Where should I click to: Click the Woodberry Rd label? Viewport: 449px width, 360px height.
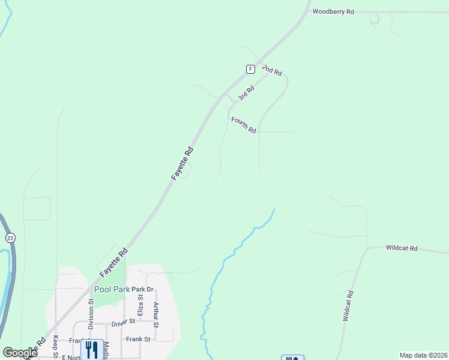333,11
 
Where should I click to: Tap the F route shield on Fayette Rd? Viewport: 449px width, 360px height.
250,69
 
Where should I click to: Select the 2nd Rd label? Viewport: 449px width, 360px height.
272,70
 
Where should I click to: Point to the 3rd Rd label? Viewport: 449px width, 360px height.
246,93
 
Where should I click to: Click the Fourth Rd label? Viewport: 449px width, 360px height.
244,125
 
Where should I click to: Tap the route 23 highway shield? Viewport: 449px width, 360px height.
10,238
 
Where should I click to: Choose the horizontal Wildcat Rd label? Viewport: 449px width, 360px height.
402,247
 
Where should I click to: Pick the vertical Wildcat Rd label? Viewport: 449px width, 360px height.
348,307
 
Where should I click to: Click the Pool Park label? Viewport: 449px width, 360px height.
112,289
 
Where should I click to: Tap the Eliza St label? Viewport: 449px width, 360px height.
140,304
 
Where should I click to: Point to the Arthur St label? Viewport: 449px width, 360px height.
155,314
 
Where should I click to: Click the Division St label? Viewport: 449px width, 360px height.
91,314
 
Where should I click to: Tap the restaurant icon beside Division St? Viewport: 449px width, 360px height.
91,349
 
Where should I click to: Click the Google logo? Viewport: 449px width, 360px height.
20,353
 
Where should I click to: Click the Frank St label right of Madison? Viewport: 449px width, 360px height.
139,339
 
